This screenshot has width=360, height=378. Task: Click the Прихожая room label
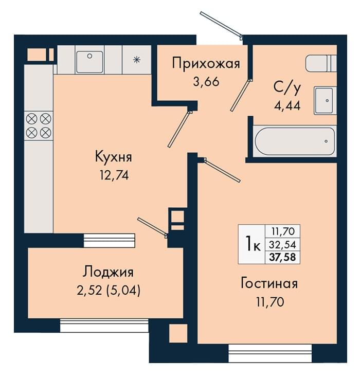pos(206,64)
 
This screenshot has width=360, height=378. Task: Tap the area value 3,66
pos(206,82)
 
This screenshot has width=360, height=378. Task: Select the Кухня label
pos(114,157)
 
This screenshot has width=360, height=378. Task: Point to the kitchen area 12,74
pos(114,175)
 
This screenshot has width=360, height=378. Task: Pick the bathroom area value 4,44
pos(287,105)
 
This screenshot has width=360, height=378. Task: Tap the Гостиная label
pos(269,283)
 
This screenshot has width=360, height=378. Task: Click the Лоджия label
pos(108,272)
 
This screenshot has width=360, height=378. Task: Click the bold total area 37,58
pos(282,257)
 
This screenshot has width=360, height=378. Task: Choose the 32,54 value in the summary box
pos(282,245)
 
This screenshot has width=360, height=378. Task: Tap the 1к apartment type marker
pos(253,244)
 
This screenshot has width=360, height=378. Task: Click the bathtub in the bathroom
pos(295,141)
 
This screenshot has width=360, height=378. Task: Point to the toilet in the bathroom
pos(321,63)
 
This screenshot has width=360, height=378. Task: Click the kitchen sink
pos(89,62)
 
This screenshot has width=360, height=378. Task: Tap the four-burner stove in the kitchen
pos(39,125)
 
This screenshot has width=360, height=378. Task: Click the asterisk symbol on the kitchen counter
pos(137,59)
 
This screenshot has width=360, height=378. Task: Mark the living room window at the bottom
pos(270,353)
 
